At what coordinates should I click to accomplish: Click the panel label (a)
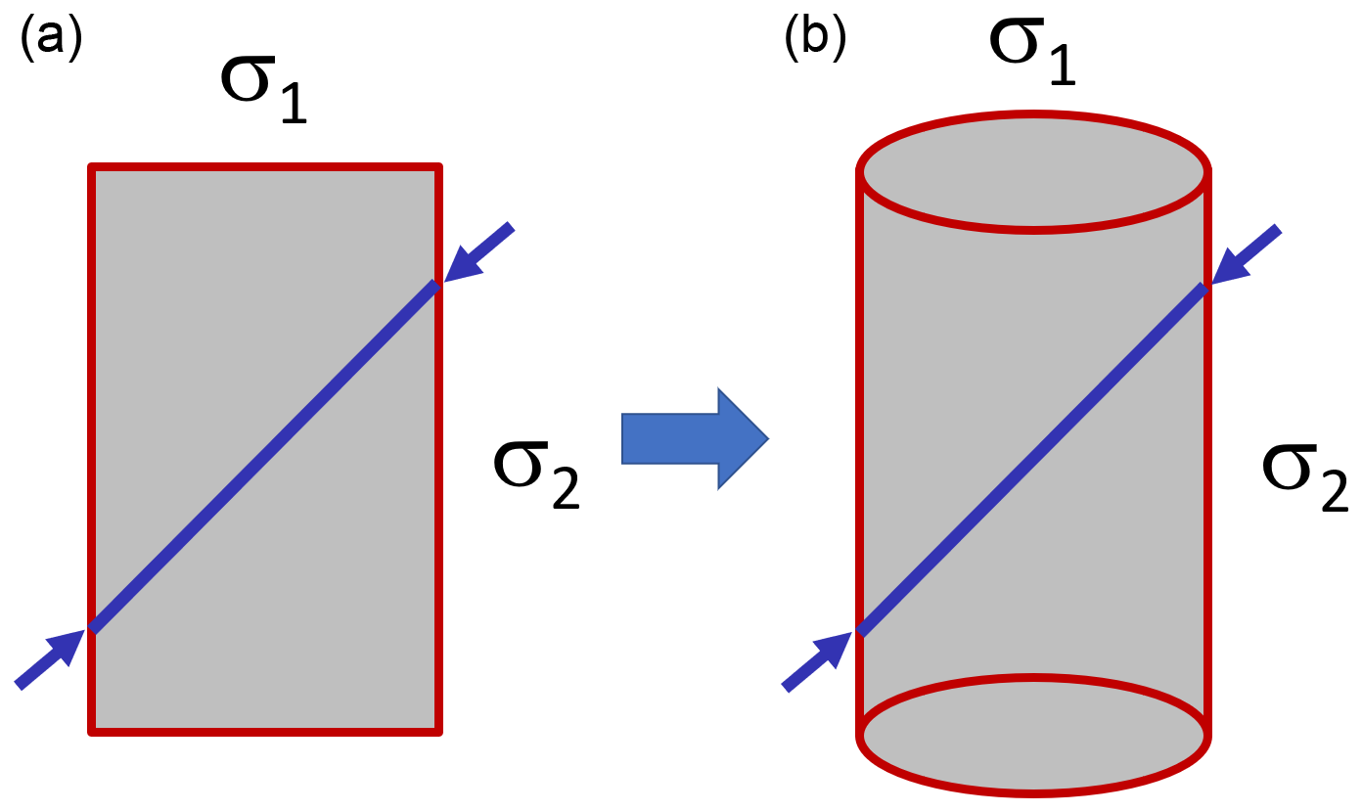coord(50,40)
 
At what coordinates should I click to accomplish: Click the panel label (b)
coord(814,40)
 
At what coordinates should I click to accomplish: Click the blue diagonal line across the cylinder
coord(1033,458)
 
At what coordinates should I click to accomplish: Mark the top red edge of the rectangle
coord(264,167)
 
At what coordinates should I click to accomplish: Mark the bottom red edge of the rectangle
coord(264,730)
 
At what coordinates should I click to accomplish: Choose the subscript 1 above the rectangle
coord(292,106)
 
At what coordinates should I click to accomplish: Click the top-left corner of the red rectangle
coord(92,168)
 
